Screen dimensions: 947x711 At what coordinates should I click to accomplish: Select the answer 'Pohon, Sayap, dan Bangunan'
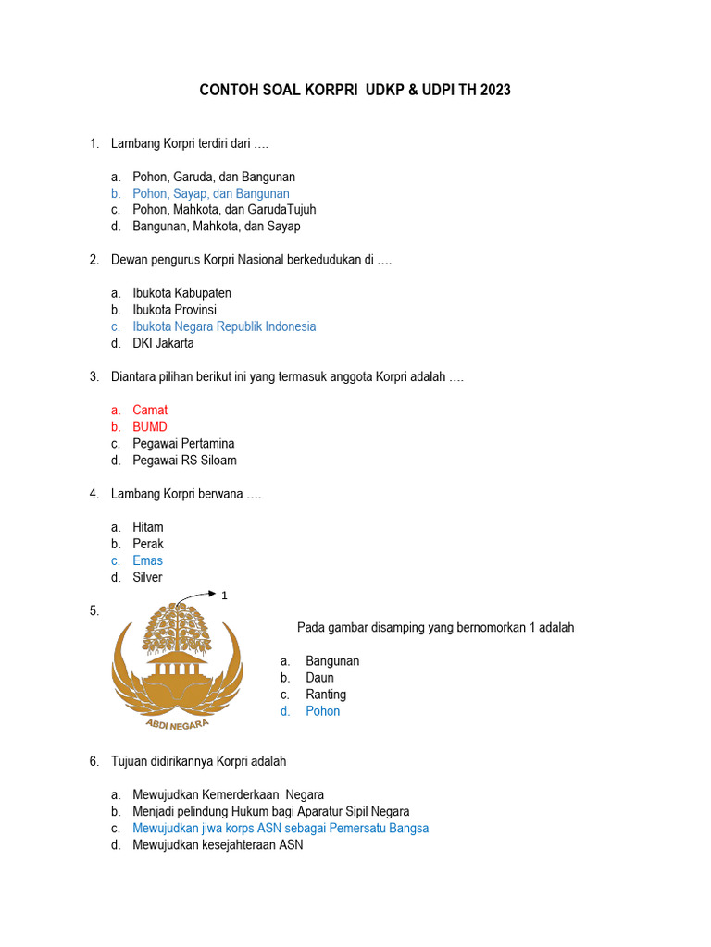click(x=210, y=193)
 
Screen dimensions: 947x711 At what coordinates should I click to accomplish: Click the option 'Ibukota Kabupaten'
click(x=181, y=293)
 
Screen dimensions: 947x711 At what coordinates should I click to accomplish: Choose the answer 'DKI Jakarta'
click(x=163, y=343)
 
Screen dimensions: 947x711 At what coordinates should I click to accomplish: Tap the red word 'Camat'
click(x=150, y=410)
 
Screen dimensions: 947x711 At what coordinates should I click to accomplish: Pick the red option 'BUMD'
click(x=150, y=426)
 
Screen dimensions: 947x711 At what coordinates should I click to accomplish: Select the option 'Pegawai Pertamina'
click(x=183, y=443)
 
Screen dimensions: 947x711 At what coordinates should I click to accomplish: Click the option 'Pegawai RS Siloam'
click(x=184, y=460)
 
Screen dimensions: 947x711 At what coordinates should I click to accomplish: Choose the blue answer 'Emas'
click(x=147, y=560)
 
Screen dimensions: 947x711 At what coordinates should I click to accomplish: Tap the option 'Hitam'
click(x=148, y=527)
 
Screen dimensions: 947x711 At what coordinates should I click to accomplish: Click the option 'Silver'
click(x=147, y=577)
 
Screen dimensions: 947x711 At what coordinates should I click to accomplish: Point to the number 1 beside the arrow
click(x=225, y=596)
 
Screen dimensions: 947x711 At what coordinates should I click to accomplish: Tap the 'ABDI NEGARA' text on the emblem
click(x=177, y=722)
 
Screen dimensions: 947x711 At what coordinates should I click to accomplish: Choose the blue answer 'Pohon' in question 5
click(x=322, y=710)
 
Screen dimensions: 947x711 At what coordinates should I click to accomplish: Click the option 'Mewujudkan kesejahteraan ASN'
click(x=218, y=844)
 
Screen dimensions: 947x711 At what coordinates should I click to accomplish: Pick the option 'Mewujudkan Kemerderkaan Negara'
click(x=228, y=794)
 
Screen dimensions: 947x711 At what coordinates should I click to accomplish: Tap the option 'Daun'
click(x=319, y=677)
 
